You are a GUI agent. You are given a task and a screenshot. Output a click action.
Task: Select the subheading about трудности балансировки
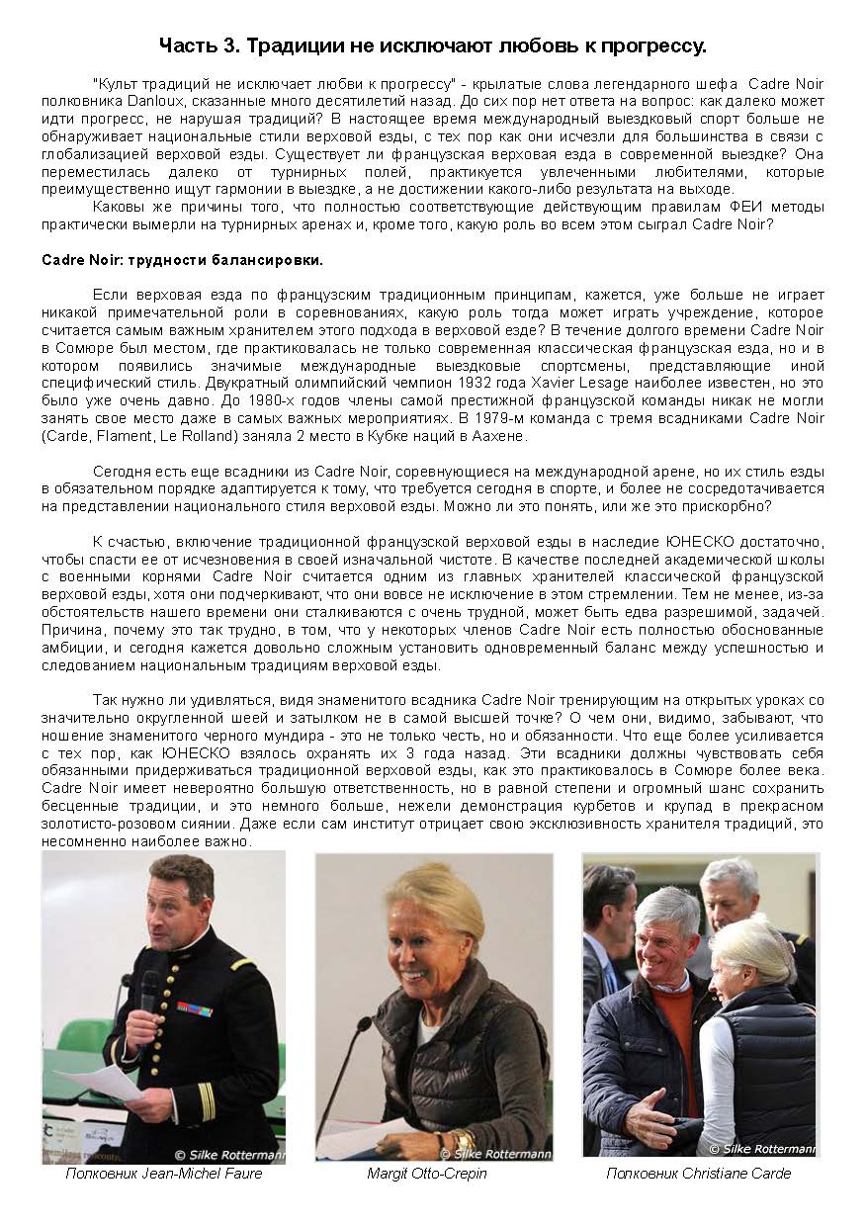[x=182, y=260]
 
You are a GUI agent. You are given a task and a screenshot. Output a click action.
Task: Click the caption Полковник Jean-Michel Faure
[x=164, y=1174]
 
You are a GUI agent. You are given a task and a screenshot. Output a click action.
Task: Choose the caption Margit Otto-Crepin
[x=427, y=1174]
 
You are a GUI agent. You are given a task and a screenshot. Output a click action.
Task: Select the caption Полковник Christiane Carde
[x=698, y=1174]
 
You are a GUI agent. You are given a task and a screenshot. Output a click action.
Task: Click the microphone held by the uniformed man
[x=149, y=989]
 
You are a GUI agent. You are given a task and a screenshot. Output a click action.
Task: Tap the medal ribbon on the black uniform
[x=195, y=1009]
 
